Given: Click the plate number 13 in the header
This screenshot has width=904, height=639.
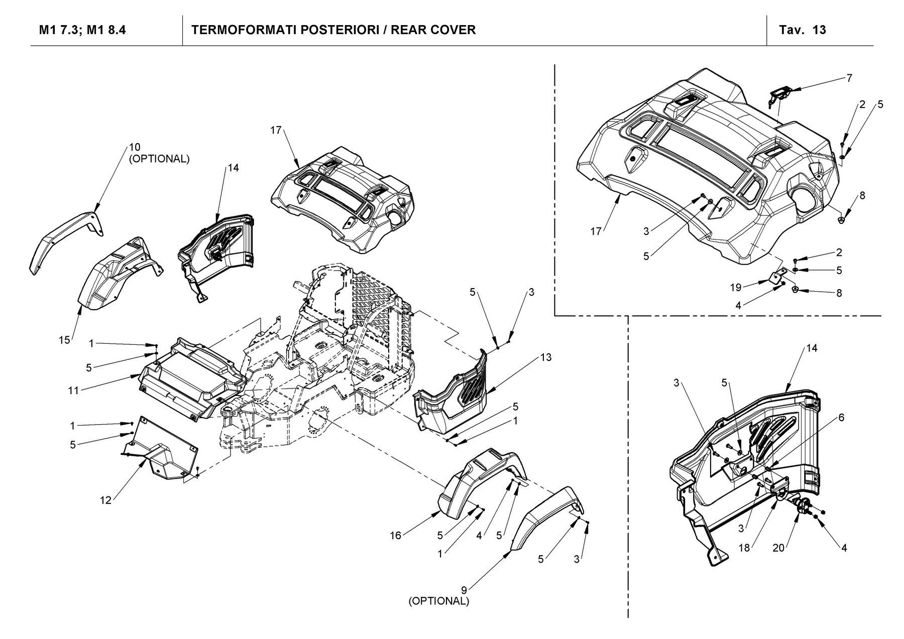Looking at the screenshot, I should coord(819,30).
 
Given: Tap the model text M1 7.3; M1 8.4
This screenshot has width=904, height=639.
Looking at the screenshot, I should coord(82,30).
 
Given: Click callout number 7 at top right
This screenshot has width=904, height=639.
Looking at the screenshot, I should coord(849,78).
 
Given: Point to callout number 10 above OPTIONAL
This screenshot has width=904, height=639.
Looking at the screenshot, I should coord(134,147).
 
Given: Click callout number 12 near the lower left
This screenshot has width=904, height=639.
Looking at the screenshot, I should coord(106,500).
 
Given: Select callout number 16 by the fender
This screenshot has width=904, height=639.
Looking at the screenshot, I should coord(396,536).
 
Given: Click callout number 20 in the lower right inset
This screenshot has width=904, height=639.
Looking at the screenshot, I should coord(778,548).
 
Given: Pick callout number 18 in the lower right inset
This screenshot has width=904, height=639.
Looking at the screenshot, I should coord(744,548).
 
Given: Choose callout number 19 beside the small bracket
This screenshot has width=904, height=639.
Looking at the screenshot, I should coord(736,288).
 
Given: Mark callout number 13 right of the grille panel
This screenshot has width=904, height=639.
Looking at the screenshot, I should coord(546,357).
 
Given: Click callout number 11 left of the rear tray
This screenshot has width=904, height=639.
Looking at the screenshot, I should coord(74,390).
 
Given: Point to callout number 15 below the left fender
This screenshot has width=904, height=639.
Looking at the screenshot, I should coord(64,340).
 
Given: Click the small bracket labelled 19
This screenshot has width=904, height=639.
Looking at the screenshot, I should coord(777,278).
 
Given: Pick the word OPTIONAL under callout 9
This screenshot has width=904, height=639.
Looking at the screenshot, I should coord(439,601).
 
